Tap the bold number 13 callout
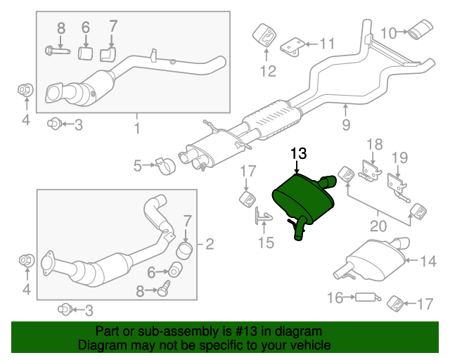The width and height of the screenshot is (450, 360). (298, 153)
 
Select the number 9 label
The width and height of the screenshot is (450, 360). (345, 126)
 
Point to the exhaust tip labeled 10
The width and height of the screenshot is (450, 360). (422, 32)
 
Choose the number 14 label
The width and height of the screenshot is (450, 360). (428, 262)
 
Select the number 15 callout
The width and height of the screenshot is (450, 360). (265, 243)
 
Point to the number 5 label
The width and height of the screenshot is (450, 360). (138, 166)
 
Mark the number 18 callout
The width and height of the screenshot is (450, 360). (374, 144)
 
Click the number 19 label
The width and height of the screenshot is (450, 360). (399, 157)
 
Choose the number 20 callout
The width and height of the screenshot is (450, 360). (378, 226)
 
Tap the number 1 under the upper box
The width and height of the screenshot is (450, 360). (136, 128)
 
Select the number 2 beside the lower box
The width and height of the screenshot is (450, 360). (209, 245)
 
